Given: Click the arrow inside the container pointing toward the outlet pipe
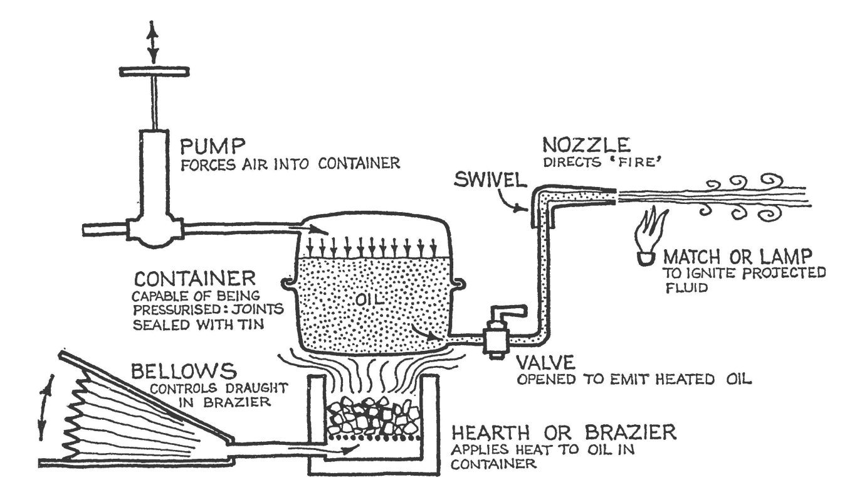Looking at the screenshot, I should point(429,335).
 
